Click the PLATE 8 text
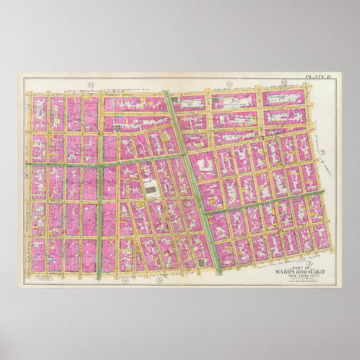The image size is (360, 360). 317,77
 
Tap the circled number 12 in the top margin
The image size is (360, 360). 284,83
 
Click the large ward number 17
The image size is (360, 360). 260,138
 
